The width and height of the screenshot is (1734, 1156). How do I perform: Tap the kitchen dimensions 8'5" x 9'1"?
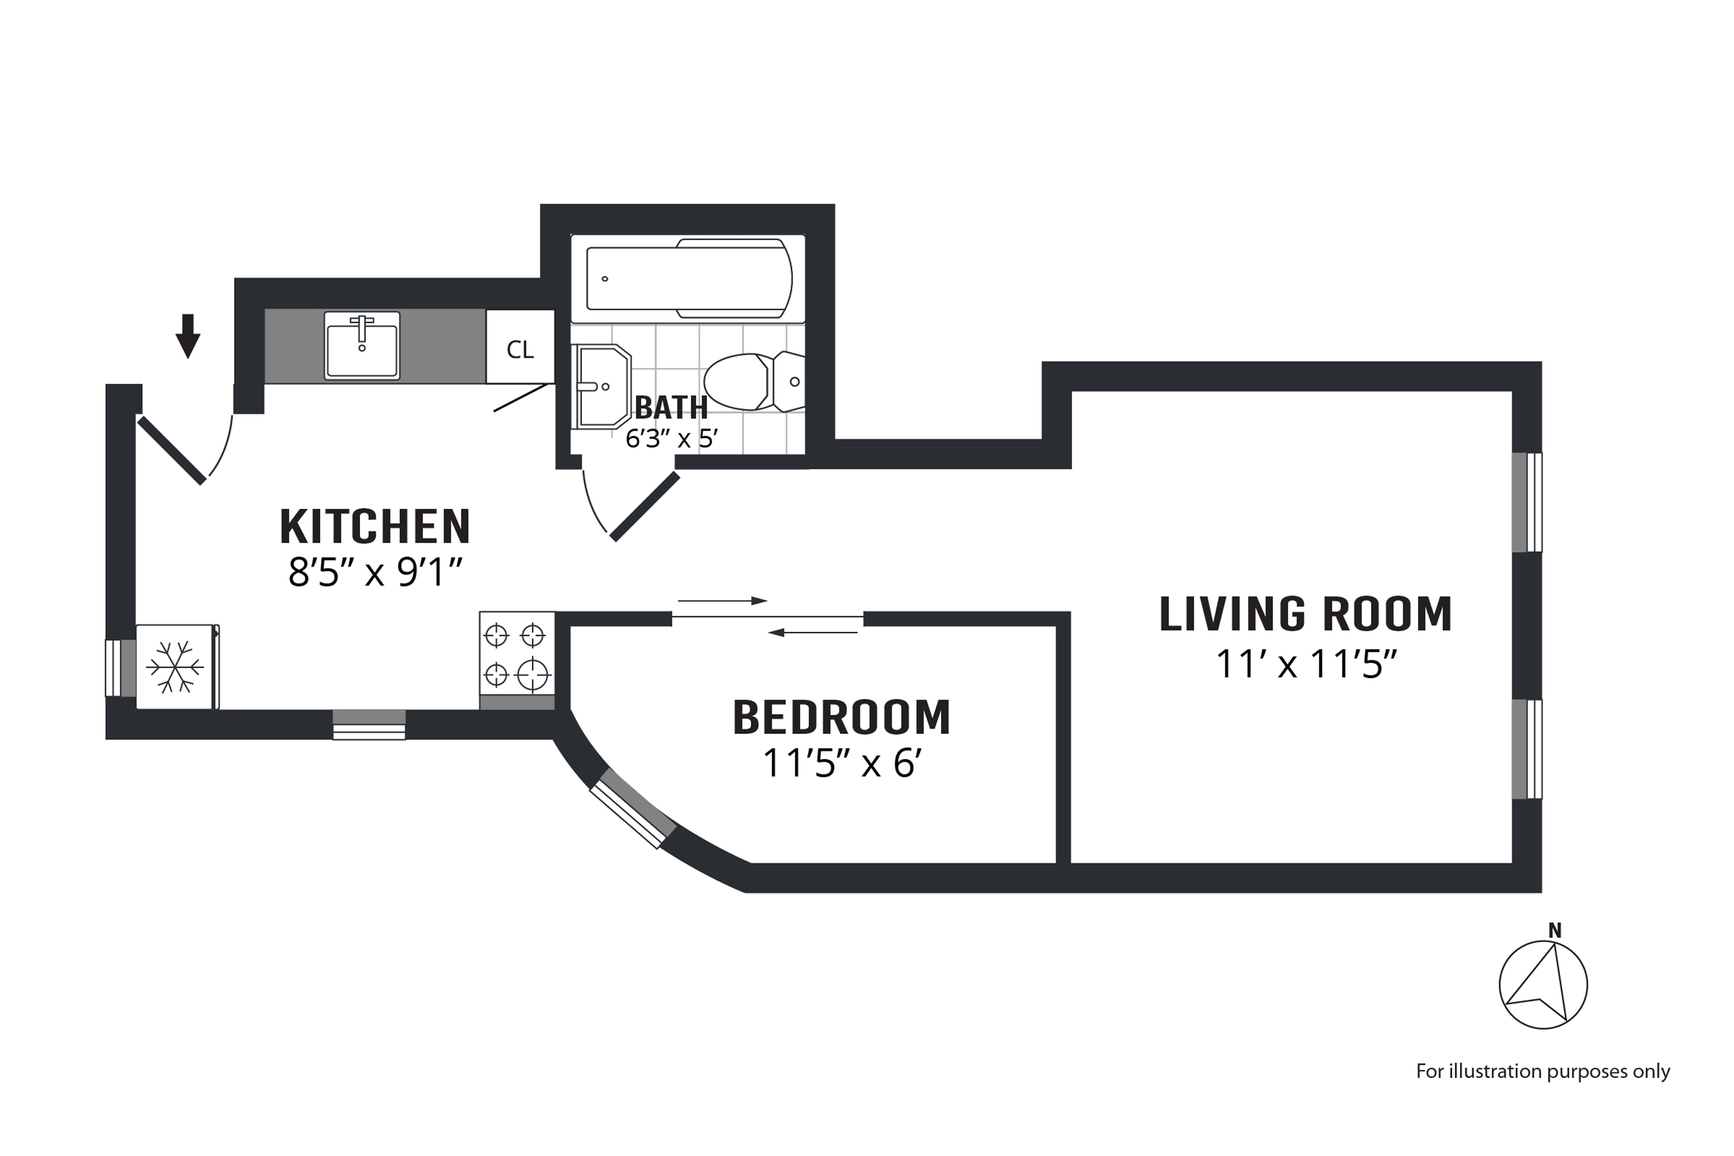[x=375, y=572]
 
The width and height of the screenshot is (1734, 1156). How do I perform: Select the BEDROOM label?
[x=841, y=717]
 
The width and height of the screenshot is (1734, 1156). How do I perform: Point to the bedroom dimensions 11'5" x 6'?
[x=841, y=764]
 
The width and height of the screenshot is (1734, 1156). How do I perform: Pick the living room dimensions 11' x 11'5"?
[x=1305, y=664]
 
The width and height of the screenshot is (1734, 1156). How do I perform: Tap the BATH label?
[x=671, y=407]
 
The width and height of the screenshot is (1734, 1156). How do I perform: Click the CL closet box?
[x=520, y=347]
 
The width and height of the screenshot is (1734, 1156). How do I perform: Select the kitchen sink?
[x=362, y=346]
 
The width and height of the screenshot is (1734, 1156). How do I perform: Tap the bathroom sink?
[x=602, y=386]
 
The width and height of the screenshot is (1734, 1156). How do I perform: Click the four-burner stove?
[x=516, y=653]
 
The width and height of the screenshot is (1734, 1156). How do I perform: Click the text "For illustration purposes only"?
[x=1542, y=1071]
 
